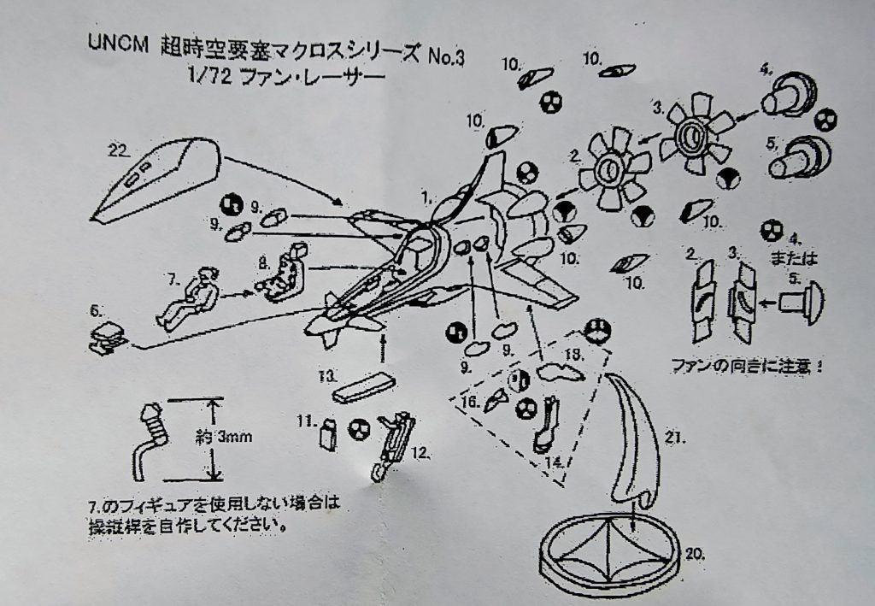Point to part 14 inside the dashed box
coord(545,422)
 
